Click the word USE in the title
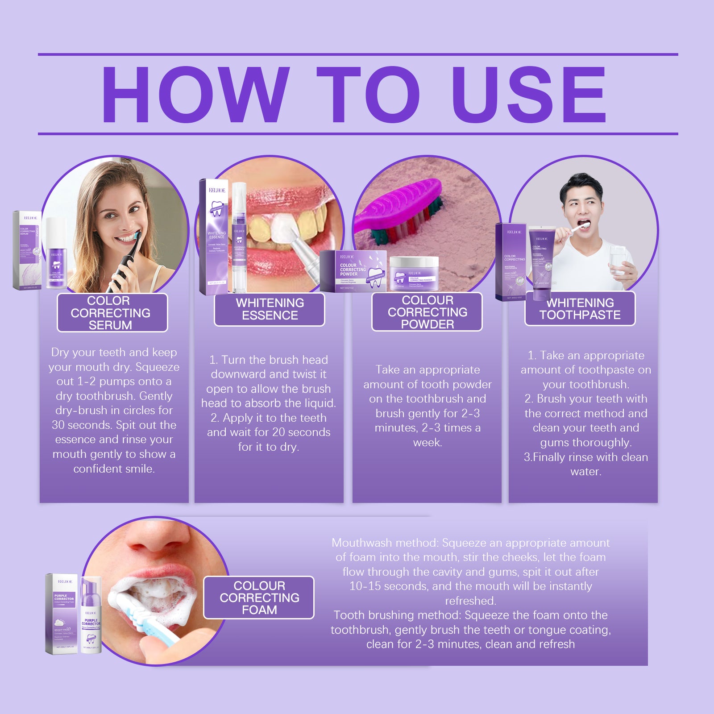(x=530, y=95)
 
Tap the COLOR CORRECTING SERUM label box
(x=112, y=313)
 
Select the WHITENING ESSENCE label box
(x=270, y=309)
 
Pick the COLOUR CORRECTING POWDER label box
(x=427, y=312)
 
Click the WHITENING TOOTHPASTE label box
(x=580, y=309)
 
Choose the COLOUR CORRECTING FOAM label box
(x=259, y=598)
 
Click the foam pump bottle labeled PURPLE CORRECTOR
(x=91, y=616)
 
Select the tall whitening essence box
(x=214, y=237)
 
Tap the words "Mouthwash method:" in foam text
(x=386, y=543)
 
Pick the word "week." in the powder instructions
(x=428, y=443)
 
